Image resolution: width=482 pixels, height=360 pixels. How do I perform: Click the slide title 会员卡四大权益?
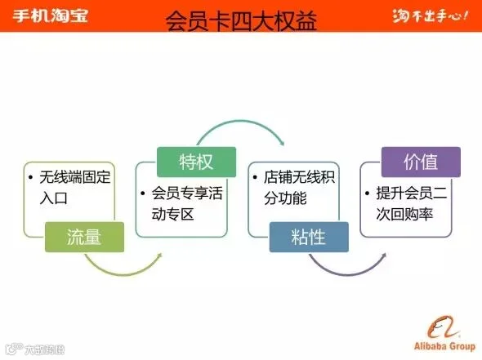point(241,21)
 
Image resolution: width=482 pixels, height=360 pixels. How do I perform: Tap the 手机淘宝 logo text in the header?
point(51,16)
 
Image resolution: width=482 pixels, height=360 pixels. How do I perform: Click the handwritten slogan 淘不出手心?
point(431,16)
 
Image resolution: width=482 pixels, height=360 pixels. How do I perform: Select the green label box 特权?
point(196,162)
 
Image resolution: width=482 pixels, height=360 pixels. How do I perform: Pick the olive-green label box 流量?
point(84,237)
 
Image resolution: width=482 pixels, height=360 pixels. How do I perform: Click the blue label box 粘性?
point(309,237)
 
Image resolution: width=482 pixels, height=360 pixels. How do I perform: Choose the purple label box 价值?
point(421,162)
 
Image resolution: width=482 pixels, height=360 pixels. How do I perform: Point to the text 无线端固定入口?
point(74,188)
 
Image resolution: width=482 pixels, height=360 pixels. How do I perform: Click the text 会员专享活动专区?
point(187,203)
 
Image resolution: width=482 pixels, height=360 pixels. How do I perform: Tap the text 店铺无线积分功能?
point(299,188)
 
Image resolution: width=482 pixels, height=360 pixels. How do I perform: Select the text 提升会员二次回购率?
point(412,203)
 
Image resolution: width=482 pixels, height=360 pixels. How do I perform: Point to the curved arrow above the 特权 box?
point(241,122)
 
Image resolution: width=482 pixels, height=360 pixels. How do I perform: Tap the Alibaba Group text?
point(444,346)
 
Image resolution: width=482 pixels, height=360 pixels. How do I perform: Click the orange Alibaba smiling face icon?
point(443,327)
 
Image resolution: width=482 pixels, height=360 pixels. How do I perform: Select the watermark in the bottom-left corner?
point(35,349)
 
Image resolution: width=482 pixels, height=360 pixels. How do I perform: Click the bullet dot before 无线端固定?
point(30,177)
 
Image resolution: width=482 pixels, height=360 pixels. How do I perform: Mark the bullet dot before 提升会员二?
point(367,193)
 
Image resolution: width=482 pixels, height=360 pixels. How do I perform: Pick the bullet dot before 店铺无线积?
point(255,177)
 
